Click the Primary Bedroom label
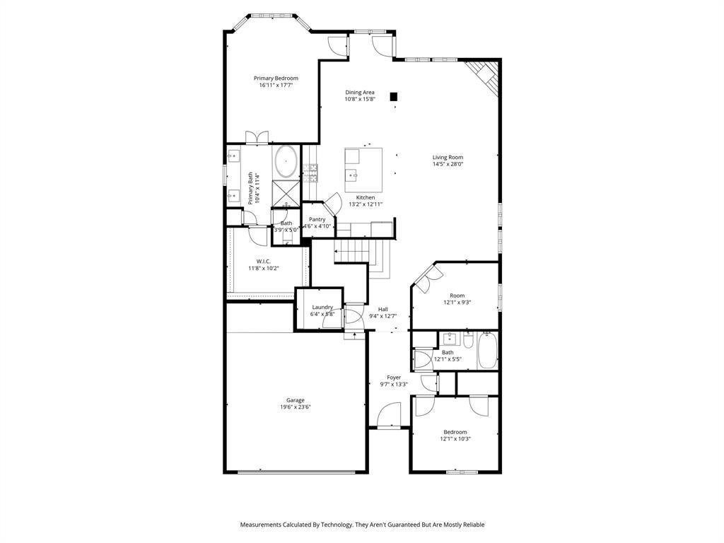point(276,78)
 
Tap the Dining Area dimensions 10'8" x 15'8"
point(360,99)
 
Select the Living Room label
point(448,157)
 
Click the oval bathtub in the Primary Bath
point(286,162)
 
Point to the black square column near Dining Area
point(394,96)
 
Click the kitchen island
point(363,170)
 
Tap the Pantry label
point(317,219)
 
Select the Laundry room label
point(322,307)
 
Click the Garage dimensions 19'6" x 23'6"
point(296,407)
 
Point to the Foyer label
point(394,378)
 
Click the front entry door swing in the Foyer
point(389,414)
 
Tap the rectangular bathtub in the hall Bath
point(488,351)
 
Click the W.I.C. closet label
point(264,262)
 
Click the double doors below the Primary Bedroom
point(257,138)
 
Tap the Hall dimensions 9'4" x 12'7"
point(383,316)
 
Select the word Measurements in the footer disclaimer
point(260,525)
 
